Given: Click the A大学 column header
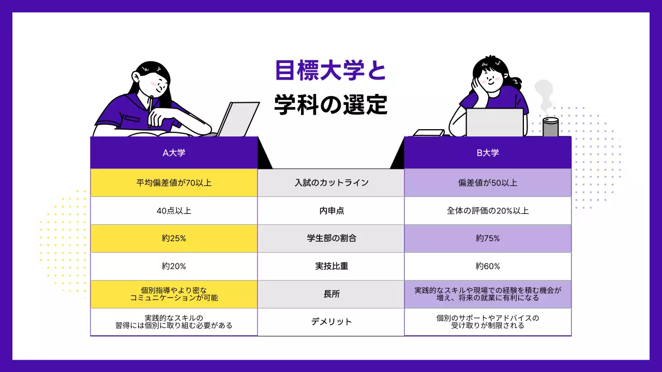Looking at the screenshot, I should click(x=174, y=153).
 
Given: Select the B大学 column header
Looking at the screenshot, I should click(x=488, y=153).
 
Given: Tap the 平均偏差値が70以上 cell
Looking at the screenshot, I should click(x=174, y=183).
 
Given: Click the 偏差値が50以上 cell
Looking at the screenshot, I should click(x=488, y=183).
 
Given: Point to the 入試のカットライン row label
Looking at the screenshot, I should click(x=331, y=183).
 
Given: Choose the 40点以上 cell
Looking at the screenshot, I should click(x=174, y=211).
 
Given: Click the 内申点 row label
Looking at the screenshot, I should click(x=331, y=211).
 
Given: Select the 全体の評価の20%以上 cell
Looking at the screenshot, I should click(x=488, y=211).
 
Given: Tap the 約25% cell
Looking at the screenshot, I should click(x=174, y=239).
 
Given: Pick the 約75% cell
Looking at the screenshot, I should click(x=488, y=239).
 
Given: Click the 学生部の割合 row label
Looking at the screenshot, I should click(x=331, y=239).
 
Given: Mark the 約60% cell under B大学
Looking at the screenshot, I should click(x=488, y=267).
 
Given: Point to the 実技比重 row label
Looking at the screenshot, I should click(x=331, y=267).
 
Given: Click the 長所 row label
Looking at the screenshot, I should click(x=331, y=294).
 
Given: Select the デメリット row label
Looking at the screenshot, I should click(x=331, y=322).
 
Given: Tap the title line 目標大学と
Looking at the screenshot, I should click(x=331, y=71).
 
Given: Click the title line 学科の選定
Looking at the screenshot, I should click(x=331, y=104).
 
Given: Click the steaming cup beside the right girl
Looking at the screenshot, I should click(x=550, y=127).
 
